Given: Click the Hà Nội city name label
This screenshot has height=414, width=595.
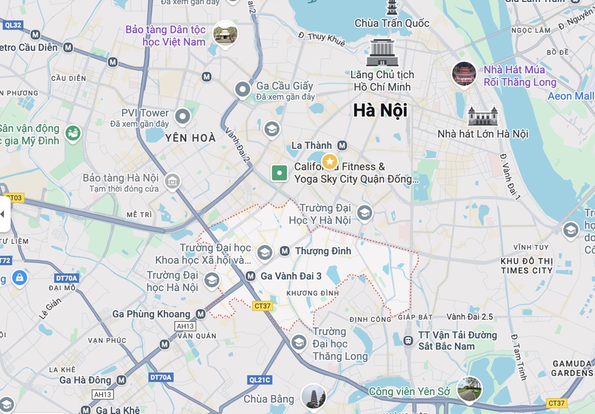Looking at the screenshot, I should [x=380, y=110].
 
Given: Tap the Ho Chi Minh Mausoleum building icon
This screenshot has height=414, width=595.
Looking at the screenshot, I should [x=382, y=52].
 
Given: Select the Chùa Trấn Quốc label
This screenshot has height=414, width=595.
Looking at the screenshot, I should [x=392, y=23].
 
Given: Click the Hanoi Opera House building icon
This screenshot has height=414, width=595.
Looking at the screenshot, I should [x=483, y=116].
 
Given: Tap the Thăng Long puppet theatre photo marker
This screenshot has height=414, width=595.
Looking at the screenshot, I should [x=464, y=74].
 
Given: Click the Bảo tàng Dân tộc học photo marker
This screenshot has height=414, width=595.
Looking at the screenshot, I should [x=225, y=34].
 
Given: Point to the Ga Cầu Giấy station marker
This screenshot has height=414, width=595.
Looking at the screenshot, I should [x=243, y=90].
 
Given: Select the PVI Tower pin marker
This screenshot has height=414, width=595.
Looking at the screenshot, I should [x=182, y=116].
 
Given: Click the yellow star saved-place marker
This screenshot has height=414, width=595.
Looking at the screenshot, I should [x=329, y=162].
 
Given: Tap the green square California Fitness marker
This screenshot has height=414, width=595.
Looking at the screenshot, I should [x=279, y=172].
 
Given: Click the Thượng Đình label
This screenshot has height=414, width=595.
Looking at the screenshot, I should [x=323, y=251].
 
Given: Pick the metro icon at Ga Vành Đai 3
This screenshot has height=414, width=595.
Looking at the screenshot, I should [x=250, y=276].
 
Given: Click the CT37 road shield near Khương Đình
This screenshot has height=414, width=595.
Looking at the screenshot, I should [x=262, y=306].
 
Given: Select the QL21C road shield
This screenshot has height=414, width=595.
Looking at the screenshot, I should [x=260, y=380].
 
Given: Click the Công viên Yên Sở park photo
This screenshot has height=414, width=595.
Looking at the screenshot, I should [x=469, y=389].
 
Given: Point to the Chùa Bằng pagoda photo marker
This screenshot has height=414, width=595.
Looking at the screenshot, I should [x=313, y=396].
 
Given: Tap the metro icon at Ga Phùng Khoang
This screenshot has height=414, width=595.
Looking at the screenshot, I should [x=201, y=314].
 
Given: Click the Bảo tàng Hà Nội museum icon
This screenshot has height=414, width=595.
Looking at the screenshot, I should [x=172, y=182].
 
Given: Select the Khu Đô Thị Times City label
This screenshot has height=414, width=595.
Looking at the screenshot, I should [x=526, y=266].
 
